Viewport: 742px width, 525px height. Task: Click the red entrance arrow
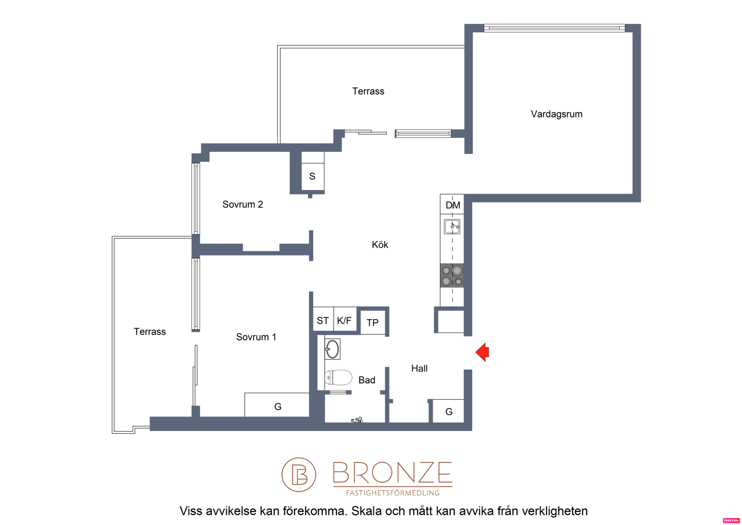pyautogui.click(x=483, y=352)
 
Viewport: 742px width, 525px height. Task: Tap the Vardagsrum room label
pyautogui.click(x=556, y=114)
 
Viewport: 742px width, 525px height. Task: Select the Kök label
pyautogui.click(x=380, y=245)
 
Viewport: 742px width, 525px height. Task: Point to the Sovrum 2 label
pyautogui.click(x=243, y=205)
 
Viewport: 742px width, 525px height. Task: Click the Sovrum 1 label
pyautogui.click(x=256, y=337)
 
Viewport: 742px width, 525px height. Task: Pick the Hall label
pyautogui.click(x=419, y=369)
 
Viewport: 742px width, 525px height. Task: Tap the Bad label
pyautogui.click(x=367, y=380)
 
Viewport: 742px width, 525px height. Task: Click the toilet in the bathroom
pyautogui.click(x=338, y=378)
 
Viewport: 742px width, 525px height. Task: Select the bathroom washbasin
pyautogui.click(x=332, y=349)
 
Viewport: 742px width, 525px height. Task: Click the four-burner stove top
pyautogui.click(x=452, y=275)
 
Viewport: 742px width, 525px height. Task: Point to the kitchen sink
pyautogui.click(x=452, y=227)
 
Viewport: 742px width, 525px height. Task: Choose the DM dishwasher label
pyautogui.click(x=453, y=205)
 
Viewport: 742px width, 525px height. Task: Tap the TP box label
pyautogui.click(x=373, y=323)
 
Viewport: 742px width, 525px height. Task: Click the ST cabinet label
pyautogui.click(x=323, y=321)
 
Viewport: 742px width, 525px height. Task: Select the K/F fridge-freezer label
pyautogui.click(x=344, y=321)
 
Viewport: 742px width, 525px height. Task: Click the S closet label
pyautogui.click(x=312, y=176)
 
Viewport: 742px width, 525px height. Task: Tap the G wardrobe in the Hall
pyautogui.click(x=449, y=411)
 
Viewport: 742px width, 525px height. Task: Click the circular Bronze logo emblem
pyautogui.click(x=299, y=475)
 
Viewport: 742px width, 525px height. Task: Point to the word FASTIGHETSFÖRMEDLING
pyautogui.click(x=393, y=493)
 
